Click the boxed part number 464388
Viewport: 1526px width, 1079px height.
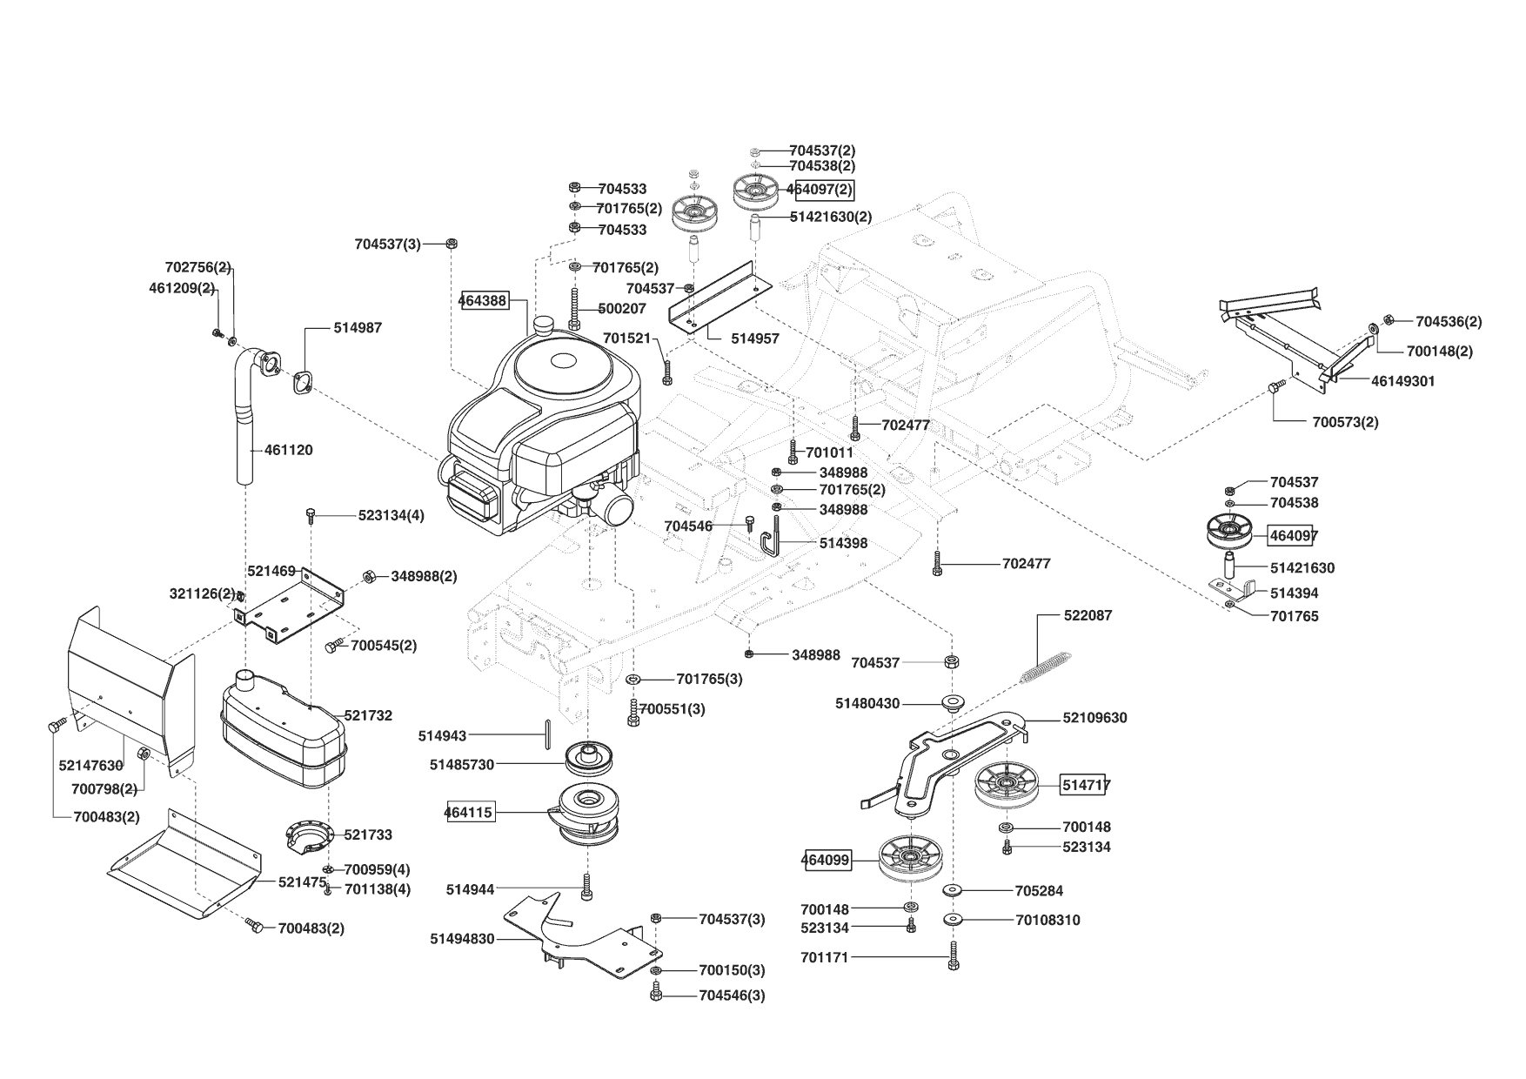[484, 300]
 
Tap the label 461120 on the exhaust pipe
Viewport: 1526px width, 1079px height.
[289, 450]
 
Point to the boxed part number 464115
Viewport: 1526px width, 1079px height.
[469, 813]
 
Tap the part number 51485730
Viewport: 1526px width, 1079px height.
[462, 765]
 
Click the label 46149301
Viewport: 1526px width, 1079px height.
[1403, 381]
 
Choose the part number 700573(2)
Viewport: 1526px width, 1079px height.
[1345, 422]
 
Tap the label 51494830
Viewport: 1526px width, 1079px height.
[462, 939]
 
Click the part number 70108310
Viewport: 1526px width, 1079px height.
[1047, 920]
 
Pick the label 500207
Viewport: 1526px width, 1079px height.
[622, 308]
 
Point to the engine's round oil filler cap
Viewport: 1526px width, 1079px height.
[545, 325]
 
